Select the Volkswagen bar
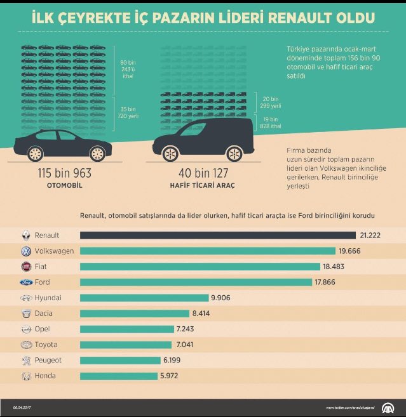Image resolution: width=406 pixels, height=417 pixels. point(208,251)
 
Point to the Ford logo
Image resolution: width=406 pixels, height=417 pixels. point(26,282)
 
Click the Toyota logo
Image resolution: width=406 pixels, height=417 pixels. point(26,345)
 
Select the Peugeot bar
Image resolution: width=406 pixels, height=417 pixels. point(120,360)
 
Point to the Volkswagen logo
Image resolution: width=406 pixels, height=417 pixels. point(26,251)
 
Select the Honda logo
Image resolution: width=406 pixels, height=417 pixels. point(26,376)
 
